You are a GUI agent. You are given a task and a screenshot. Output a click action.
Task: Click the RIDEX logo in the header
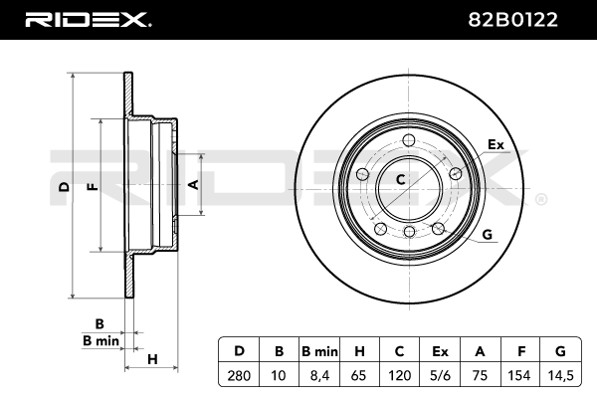[x=86, y=19]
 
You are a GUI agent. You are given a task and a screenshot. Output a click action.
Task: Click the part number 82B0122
[x=524, y=19]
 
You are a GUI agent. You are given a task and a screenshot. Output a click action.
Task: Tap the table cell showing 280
[x=238, y=376]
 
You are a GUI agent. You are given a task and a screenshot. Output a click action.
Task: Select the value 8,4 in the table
[x=319, y=376]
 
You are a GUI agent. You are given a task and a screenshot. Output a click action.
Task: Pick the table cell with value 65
[x=360, y=376]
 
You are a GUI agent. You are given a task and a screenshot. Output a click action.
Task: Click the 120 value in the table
[x=401, y=376]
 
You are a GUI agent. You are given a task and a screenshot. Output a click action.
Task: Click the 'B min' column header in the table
[x=319, y=351]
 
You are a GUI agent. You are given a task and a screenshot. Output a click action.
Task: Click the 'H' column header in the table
[x=360, y=351]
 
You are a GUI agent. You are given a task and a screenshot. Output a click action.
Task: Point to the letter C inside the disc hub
[x=401, y=180]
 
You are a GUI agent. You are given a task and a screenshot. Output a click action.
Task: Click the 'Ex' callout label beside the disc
[x=496, y=145]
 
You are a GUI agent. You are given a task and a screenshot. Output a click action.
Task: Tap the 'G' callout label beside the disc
[x=487, y=235]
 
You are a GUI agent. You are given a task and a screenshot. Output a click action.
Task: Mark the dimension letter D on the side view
[x=63, y=186]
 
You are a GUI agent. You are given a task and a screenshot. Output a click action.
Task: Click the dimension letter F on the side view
[x=92, y=186]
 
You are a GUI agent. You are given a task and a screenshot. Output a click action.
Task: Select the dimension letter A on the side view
[x=195, y=185]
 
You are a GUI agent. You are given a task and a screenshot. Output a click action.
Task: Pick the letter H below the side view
[x=152, y=358]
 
